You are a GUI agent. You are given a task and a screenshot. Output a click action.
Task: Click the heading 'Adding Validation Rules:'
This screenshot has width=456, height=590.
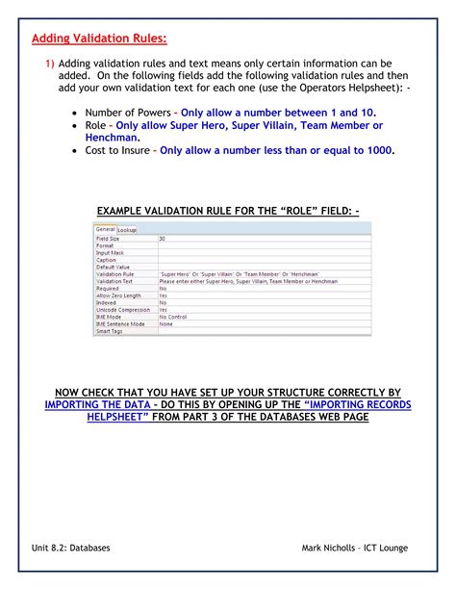(x=99, y=39)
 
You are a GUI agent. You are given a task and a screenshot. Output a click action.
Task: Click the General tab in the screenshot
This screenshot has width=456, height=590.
(x=105, y=229)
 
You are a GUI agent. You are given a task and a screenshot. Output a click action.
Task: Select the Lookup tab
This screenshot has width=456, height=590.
(x=126, y=229)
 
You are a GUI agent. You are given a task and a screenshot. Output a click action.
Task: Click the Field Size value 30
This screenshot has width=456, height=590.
(x=162, y=238)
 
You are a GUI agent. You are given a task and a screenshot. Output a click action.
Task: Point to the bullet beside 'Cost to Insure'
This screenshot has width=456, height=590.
(x=75, y=151)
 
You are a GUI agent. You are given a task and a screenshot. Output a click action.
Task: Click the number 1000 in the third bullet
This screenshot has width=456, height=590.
(x=375, y=150)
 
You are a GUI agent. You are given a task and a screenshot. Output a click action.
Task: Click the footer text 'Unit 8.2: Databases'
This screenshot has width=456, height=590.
(x=70, y=548)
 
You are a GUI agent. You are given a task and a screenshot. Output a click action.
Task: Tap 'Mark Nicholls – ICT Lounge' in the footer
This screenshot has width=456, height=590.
(x=354, y=548)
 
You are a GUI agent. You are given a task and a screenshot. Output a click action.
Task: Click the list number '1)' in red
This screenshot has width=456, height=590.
(x=44, y=63)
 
